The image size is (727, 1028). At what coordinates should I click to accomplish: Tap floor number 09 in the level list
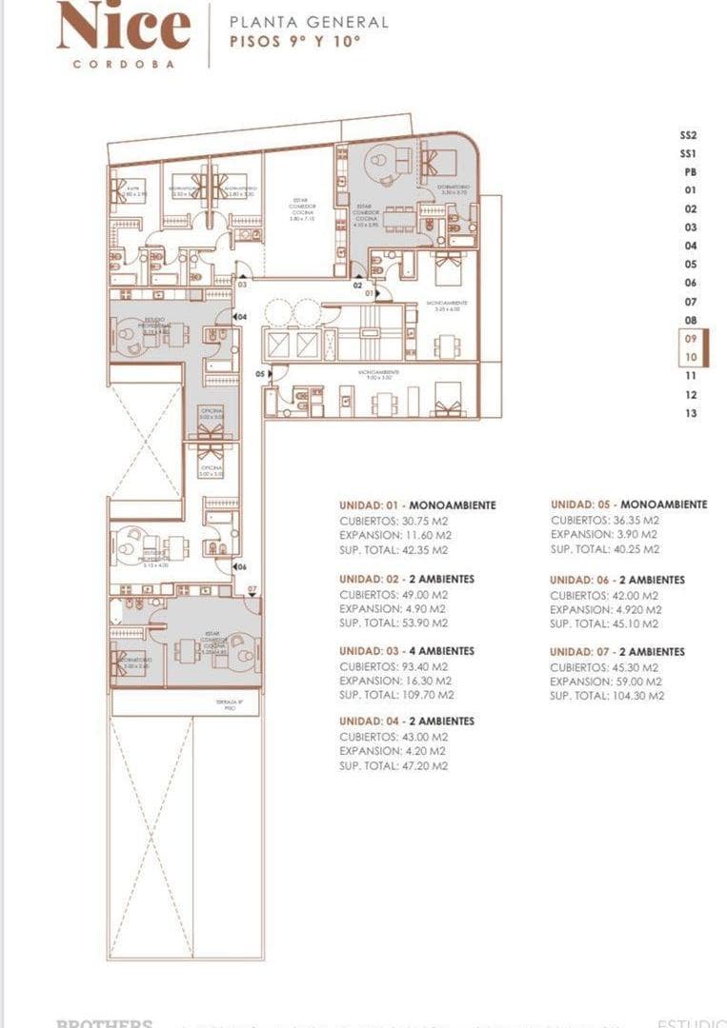tap(691, 338)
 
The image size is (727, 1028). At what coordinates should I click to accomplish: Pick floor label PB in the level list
tap(690, 172)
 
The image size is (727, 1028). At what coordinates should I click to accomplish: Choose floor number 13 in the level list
tap(691, 413)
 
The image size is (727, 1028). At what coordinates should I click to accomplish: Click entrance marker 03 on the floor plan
tap(243, 284)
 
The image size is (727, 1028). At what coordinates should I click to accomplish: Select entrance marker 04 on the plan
tap(241, 316)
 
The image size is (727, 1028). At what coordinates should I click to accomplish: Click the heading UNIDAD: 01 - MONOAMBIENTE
tap(417, 505)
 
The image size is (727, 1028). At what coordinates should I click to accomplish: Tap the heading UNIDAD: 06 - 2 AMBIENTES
tap(617, 580)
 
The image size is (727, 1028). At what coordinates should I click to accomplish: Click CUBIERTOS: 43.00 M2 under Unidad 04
tap(394, 737)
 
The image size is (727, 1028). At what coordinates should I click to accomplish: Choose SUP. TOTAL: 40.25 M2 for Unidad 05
tap(605, 549)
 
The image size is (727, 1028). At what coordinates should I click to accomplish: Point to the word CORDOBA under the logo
tap(123, 64)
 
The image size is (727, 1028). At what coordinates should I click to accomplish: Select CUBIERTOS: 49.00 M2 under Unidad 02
tap(394, 594)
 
